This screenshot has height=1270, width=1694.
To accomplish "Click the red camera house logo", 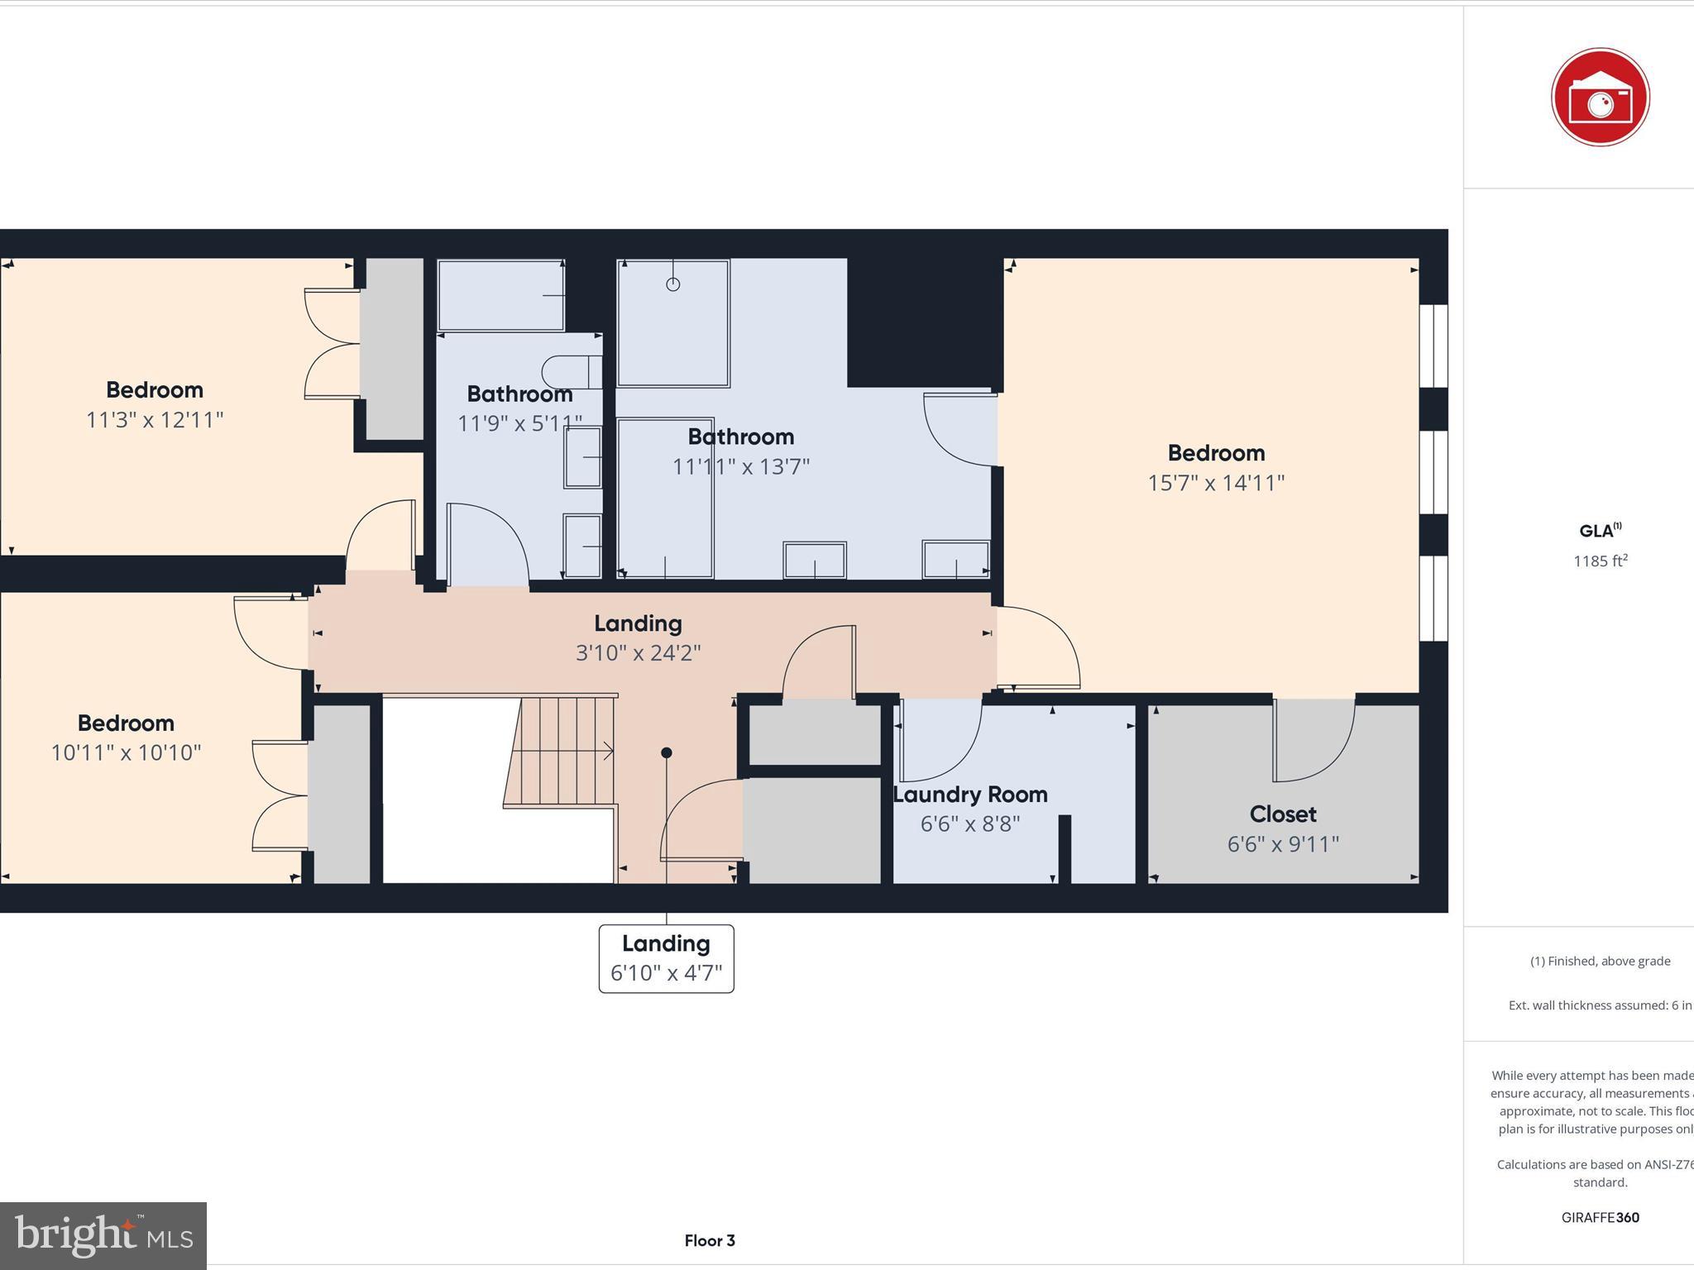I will pyautogui.click(x=1600, y=98).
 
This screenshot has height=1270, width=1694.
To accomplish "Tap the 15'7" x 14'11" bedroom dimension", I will pyautogui.click(x=1215, y=483).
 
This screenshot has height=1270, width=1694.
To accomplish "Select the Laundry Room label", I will pyautogui.click(x=970, y=795).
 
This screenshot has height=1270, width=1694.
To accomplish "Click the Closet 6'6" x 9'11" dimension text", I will pyautogui.click(x=1282, y=844).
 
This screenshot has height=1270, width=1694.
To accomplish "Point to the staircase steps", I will pyautogui.click(x=561, y=751).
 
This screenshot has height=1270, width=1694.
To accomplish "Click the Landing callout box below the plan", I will pyautogui.click(x=666, y=958).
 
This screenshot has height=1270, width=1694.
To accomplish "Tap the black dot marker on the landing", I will pyautogui.click(x=667, y=752).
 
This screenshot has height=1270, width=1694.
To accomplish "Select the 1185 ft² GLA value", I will pyautogui.click(x=1600, y=561).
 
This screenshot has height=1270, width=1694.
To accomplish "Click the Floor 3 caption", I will pyautogui.click(x=709, y=1240).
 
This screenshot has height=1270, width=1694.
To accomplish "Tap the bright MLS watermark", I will pyautogui.click(x=103, y=1235).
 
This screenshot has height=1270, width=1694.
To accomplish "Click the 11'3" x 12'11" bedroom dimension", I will pyautogui.click(x=155, y=420).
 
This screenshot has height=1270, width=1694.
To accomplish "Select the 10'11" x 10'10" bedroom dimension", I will pyautogui.click(x=126, y=753).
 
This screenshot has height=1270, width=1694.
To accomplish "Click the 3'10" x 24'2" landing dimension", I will pyautogui.click(x=638, y=653).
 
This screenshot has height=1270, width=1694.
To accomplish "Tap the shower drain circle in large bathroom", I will pyautogui.click(x=673, y=284).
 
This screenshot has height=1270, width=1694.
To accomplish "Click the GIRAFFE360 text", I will pyautogui.click(x=1600, y=1217).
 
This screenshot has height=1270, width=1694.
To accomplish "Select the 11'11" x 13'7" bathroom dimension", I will pyautogui.click(x=740, y=467).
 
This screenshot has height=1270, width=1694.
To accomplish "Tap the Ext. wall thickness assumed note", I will pyautogui.click(x=1600, y=1005).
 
